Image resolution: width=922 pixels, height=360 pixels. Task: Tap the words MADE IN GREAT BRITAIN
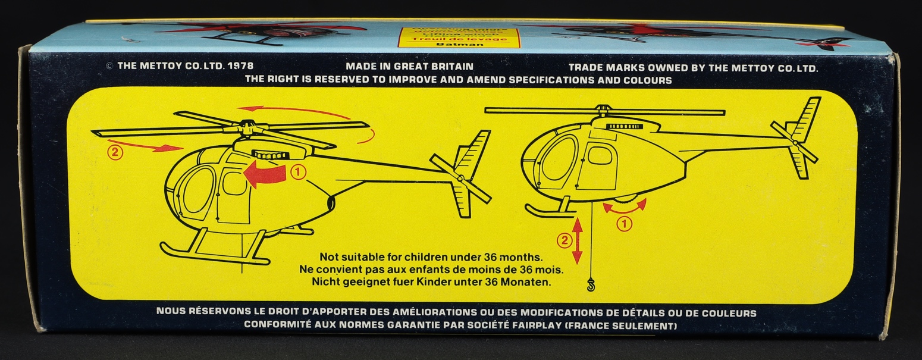(x=409, y=67)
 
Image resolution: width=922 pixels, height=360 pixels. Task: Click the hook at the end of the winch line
(x=591, y=286)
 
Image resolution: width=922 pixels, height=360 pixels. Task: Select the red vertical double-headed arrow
(x=577, y=241)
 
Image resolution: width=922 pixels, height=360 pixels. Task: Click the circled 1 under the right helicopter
(x=624, y=224)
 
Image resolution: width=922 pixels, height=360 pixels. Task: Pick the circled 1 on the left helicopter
(x=299, y=173)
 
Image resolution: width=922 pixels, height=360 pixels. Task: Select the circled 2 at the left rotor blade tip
(x=115, y=152)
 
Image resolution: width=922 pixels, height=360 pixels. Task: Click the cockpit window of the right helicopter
(x=559, y=158)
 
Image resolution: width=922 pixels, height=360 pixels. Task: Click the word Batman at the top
(x=459, y=44)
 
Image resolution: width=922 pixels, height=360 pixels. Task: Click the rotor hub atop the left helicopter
(x=248, y=126)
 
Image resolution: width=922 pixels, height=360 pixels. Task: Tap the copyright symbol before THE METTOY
(x=109, y=67)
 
